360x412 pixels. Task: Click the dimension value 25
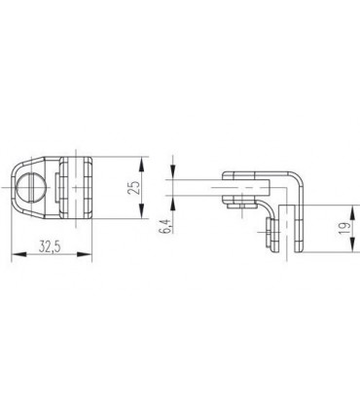pyautogui.click(x=134, y=187)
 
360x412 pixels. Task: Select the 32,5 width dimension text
pyautogui.click(x=50, y=247)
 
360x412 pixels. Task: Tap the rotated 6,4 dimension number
pyautogui.click(x=165, y=226)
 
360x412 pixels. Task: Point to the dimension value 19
pyautogui.click(x=346, y=229)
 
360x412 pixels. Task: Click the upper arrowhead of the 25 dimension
pyautogui.click(x=141, y=165)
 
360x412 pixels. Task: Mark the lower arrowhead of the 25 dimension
pyautogui.click(x=141, y=211)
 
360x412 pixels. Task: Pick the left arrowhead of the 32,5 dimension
pyautogui.click(x=18, y=254)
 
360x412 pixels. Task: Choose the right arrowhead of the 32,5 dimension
pyautogui.click(x=85, y=254)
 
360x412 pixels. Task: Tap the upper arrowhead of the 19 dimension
pyautogui.click(x=353, y=212)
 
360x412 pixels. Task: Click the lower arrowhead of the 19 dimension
pyautogui.click(x=353, y=244)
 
